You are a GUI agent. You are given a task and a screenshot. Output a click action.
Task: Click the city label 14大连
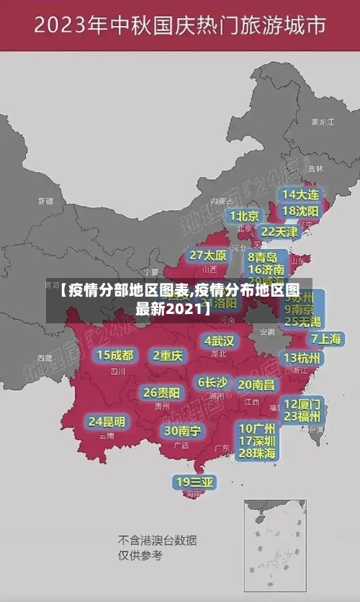coord(300,194)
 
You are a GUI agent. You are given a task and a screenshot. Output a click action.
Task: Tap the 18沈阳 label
coord(300,211)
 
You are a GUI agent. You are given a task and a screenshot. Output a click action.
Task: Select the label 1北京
coord(244,216)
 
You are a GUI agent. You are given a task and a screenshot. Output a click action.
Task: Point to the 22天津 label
coord(279,232)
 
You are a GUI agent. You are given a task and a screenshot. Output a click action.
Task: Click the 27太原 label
coord(208,256)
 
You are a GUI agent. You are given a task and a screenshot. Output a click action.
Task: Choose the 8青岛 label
coord(263,256)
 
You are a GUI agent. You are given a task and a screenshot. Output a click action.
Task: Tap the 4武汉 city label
coord(219,341)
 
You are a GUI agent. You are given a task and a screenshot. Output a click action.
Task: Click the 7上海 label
coord(325,339)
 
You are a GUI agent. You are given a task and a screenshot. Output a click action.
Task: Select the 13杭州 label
coord(302,358)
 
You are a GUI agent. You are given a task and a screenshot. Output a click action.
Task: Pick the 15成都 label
coord(115,355)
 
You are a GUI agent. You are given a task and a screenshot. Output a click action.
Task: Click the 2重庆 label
coord(168,355)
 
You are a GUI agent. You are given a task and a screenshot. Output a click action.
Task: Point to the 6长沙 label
coord(212,382)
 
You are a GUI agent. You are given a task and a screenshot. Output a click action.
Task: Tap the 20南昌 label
coord(256,385)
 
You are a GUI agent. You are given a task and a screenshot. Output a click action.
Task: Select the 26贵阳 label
coord(161,392)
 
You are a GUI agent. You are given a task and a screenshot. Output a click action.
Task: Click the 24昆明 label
coord(107,421)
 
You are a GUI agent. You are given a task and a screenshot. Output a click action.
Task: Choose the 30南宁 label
coord(182,431)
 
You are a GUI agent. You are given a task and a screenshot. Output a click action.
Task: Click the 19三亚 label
coord(195,482)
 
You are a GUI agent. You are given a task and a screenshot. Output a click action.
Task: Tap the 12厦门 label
coord(302,403)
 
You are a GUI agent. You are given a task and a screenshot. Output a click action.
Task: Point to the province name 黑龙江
coord(322,122)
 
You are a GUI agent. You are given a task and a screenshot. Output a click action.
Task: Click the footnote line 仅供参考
coord(140,556)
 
